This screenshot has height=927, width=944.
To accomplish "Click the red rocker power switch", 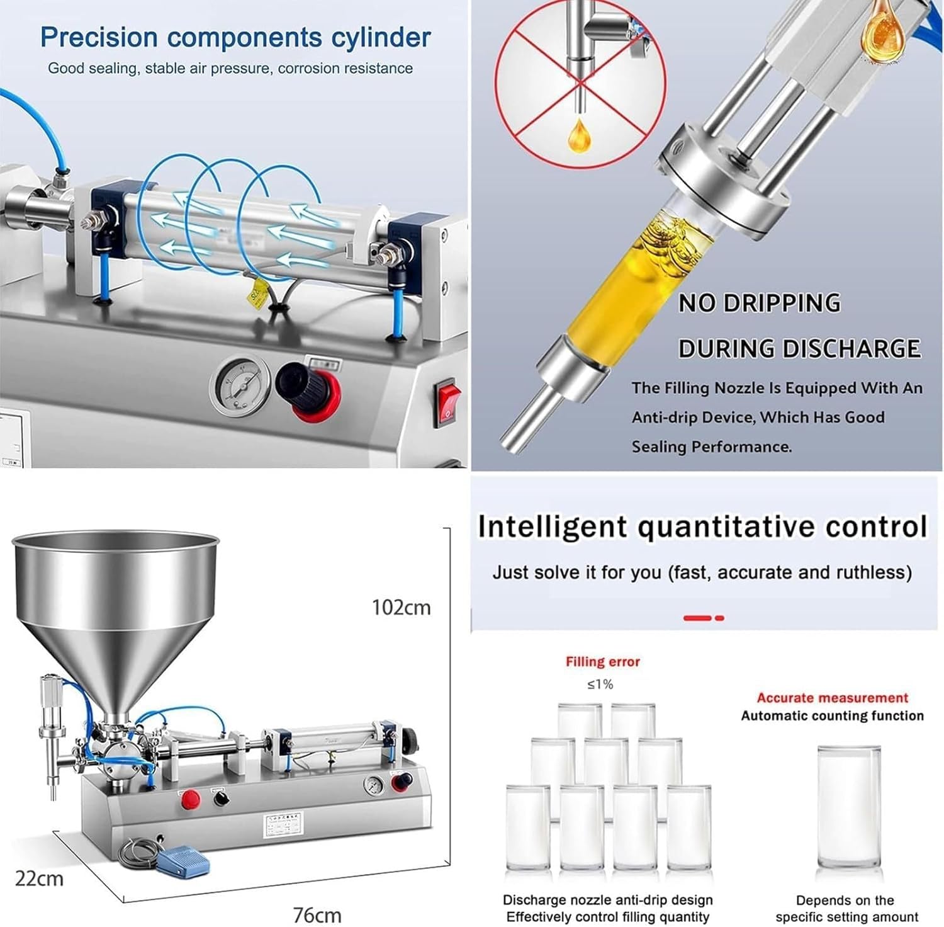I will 447,402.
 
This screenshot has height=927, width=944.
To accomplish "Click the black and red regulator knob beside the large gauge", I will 309,390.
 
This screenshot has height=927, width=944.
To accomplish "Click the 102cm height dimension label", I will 401,608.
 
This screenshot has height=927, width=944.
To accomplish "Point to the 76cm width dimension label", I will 317,914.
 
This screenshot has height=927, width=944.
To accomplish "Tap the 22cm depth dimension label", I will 39,878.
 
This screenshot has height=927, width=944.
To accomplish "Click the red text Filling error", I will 602,662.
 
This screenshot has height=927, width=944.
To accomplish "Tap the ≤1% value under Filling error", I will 600,685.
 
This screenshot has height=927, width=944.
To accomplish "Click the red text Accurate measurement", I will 832,698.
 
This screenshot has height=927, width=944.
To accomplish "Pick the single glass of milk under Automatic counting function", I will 848,809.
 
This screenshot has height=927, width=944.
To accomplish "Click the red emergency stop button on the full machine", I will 190,800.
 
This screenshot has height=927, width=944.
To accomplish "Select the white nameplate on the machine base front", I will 281,824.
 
